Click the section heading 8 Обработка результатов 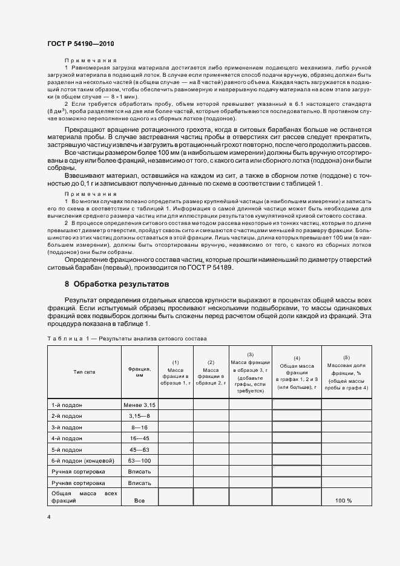pyautogui.click(x=117, y=284)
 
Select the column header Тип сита pyautogui.click(x=84, y=371)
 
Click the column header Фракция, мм pyautogui.click(x=139, y=371)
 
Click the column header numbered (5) pyautogui.click(x=346, y=357)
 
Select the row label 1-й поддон pyautogui.click(x=67, y=404)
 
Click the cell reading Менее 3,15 pyautogui.click(x=139, y=404)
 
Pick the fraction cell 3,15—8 pyautogui.click(x=139, y=417)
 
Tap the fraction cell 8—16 pyautogui.click(x=139, y=427)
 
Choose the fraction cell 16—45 pyautogui.click(x=139, y=438)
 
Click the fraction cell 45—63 pyautogui.click(x=139, y=449)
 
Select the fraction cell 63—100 pyautogui.click(x=139, y=460)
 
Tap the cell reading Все pyautogui.click(x=139, y=501)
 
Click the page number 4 pyautogui.click(x=48, y=517)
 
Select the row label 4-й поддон pyautogui.click(x=67, y=438)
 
